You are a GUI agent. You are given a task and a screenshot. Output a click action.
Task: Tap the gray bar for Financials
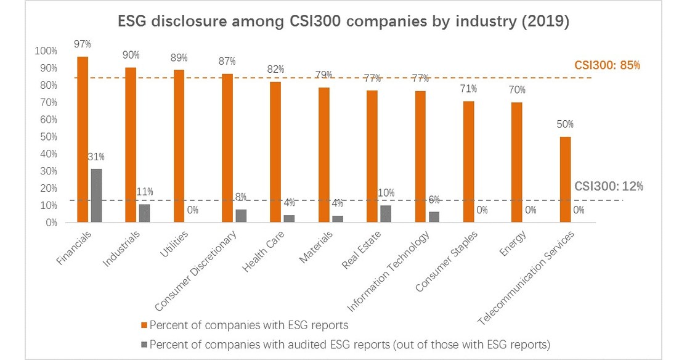point(96,195)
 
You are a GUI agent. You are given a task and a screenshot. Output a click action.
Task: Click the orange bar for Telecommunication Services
point(565,179)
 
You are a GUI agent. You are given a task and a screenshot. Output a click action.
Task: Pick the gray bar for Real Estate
point(386,214)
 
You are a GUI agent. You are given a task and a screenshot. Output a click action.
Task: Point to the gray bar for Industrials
point(144,213)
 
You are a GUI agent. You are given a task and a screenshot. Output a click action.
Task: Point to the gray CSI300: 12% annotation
point(609,186)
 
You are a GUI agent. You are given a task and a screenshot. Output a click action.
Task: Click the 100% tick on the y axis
point(47,51)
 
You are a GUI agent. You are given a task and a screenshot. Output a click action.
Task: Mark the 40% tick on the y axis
point(49,153)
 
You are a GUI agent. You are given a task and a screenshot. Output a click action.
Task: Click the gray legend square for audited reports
point(144,344)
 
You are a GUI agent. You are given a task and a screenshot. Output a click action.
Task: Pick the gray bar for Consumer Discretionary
point(241,216)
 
